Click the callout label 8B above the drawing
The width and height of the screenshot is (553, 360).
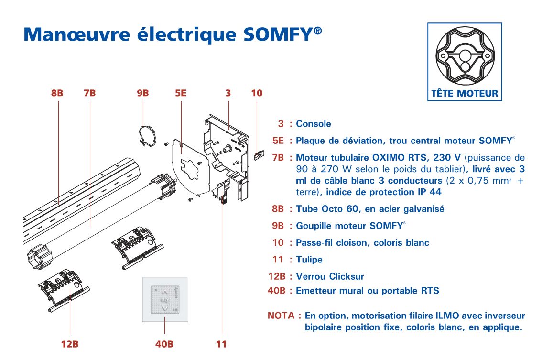tap(57, 93)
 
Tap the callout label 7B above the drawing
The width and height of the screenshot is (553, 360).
tap(90, 93)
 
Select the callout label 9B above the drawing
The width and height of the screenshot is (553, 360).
tap(143, 93)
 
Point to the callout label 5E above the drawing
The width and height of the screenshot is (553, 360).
tap(181, 93)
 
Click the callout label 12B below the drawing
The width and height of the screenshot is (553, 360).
tap(70, 344)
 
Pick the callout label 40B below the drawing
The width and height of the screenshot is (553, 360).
tap(164, 344)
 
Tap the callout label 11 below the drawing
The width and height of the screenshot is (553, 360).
tap(221, 344)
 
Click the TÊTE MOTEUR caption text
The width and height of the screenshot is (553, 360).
tap(465, 94)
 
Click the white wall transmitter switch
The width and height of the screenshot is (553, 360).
tap(165, 300)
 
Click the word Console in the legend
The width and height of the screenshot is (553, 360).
tap(314, 124)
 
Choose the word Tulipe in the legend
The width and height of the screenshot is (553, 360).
tap(309, 260)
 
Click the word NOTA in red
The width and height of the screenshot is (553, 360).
tap(282, 316)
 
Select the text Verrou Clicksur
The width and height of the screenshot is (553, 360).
tap(330, 276)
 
